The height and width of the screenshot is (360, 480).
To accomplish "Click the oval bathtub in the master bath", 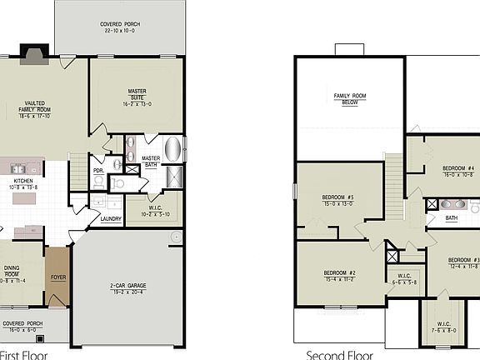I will (173, 150).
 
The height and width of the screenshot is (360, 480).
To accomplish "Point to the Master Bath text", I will (151, 161).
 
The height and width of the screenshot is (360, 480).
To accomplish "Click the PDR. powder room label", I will (98, 171).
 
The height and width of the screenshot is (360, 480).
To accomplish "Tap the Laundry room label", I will (111, 219).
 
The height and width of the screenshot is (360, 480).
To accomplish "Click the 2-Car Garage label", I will (127, 288).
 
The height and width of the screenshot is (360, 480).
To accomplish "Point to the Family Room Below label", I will (350, 100).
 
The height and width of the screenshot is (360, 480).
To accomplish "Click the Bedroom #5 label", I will (338, 200).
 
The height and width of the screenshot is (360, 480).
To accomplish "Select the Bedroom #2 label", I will (340, 276).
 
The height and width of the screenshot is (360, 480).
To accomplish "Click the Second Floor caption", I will (338, 354).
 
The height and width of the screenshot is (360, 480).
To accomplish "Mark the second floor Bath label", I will (451, 218).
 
